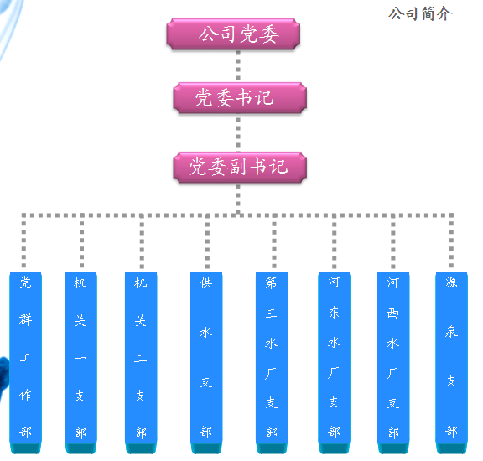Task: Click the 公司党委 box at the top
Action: [233, 34]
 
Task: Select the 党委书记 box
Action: [240, 97]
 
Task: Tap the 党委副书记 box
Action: [240, 167]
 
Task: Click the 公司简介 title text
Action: [420, 14]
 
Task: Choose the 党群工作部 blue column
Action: [25, 363]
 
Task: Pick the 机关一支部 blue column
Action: [80, 363]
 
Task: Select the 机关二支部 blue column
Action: [141, 363]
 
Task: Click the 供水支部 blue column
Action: [206, 363]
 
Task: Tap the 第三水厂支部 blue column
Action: [272, 363]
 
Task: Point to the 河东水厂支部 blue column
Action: [335, 363]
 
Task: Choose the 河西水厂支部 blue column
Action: [393, 363]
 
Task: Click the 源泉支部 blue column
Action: [451, 363]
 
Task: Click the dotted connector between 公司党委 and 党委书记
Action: [238, 66]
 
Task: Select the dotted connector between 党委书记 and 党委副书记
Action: [238, 132]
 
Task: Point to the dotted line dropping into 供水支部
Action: [208, 242]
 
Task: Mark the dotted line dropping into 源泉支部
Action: [451, 242]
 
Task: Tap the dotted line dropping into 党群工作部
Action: [23, 242]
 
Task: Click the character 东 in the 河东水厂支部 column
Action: [334, 313]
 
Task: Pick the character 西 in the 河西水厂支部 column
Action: [393, 313]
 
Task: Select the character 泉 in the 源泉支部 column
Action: [451, 332]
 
